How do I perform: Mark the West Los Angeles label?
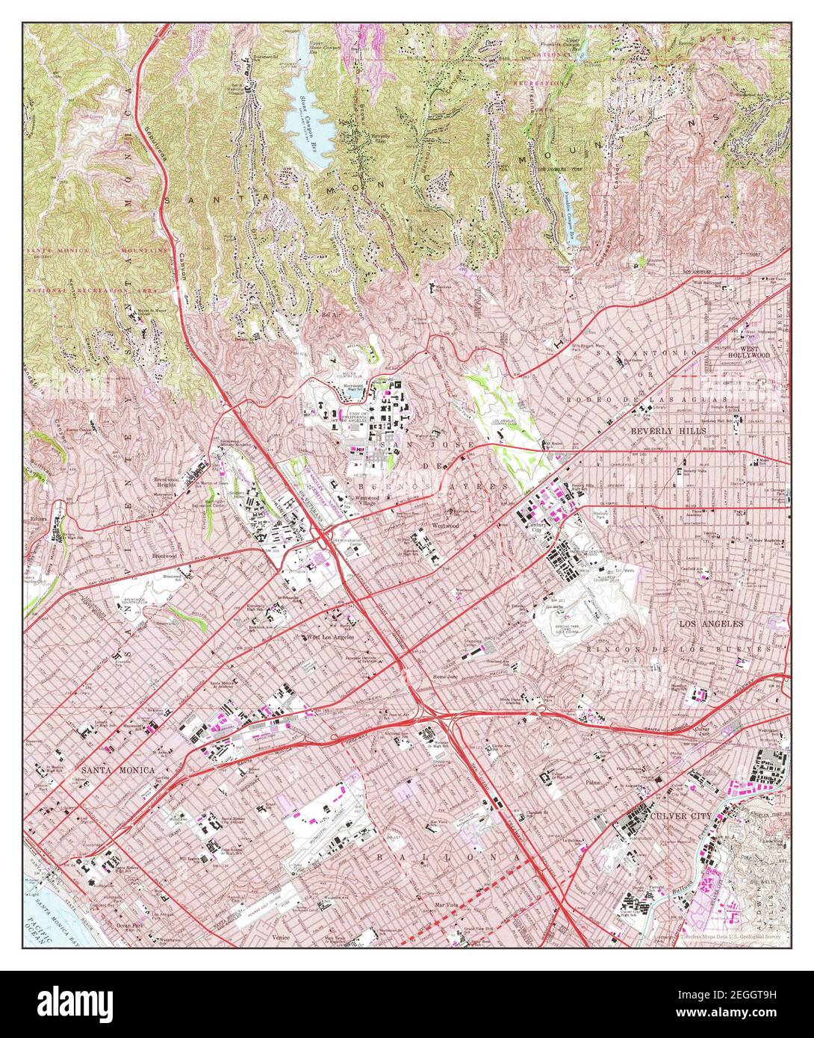329,638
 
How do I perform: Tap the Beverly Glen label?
382,140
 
